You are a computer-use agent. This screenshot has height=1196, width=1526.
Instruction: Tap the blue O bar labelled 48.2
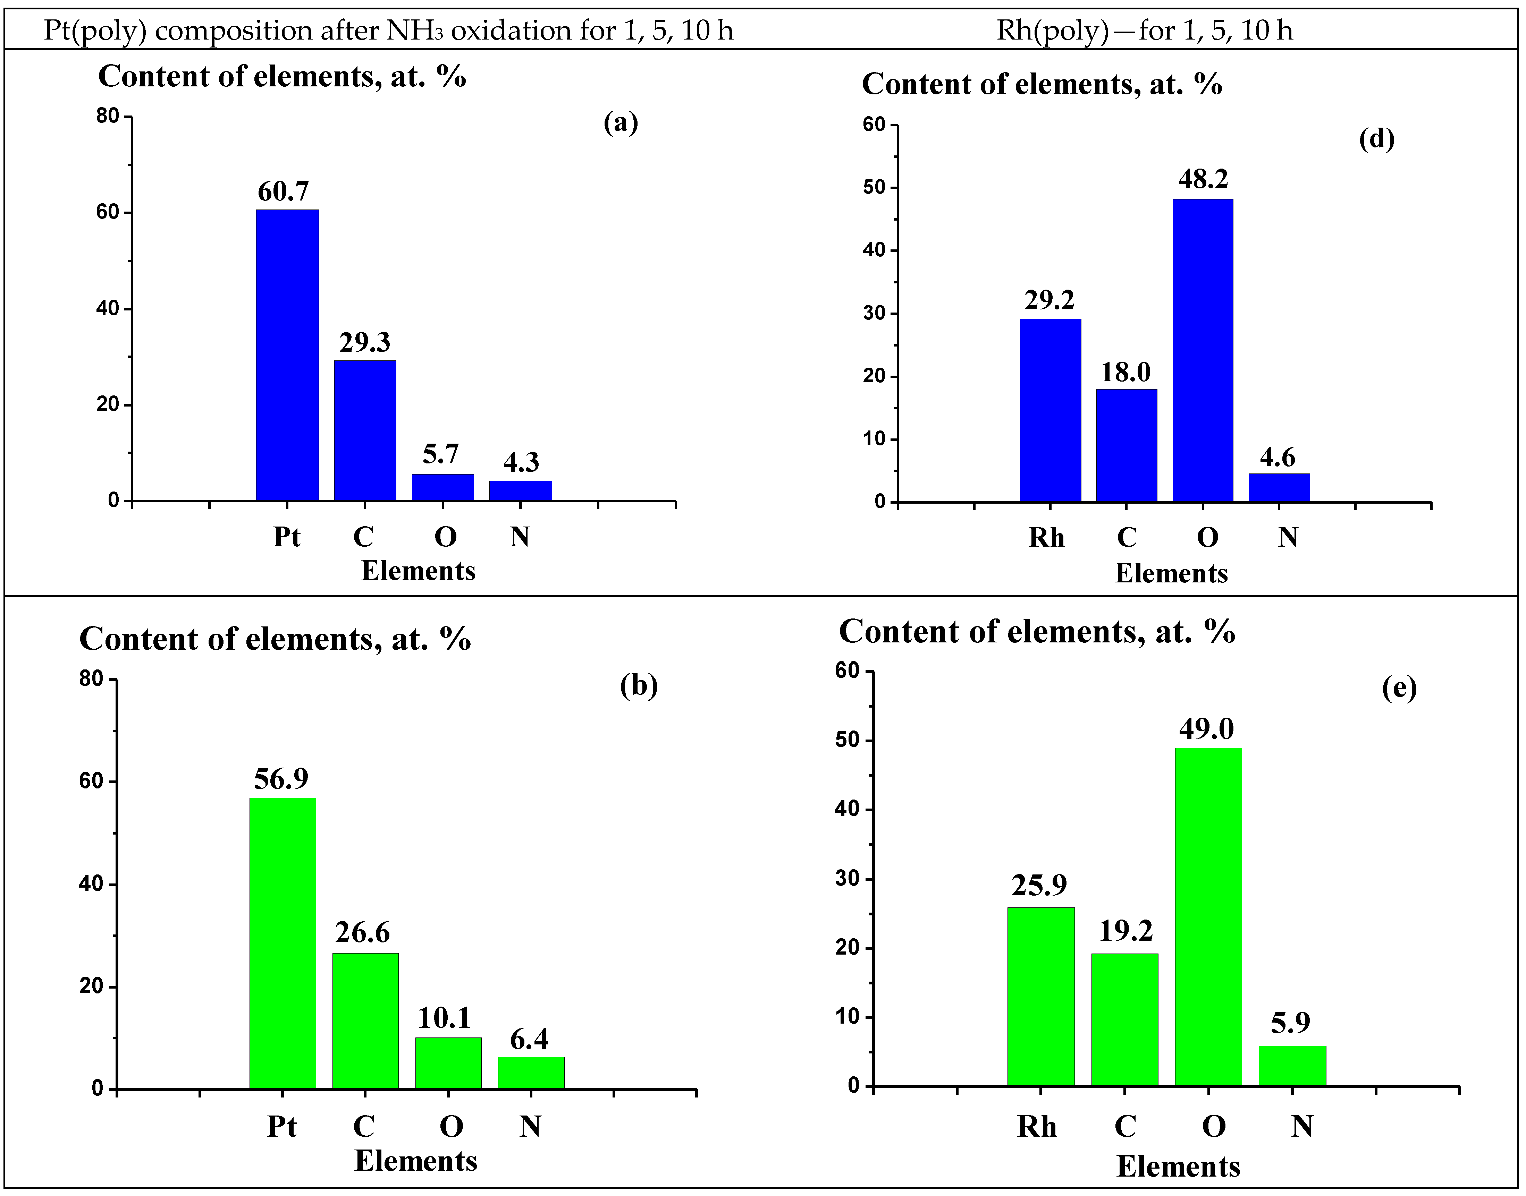1202,350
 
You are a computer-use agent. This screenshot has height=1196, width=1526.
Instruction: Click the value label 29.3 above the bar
364,342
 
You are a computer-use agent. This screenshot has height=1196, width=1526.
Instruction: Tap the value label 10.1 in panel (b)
444,1017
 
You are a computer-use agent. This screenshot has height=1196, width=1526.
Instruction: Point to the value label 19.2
1125,931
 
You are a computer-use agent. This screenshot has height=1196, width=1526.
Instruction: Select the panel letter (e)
1399,688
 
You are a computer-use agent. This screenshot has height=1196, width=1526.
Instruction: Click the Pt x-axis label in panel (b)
282,1127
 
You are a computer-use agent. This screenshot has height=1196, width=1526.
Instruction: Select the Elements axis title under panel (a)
418,571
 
